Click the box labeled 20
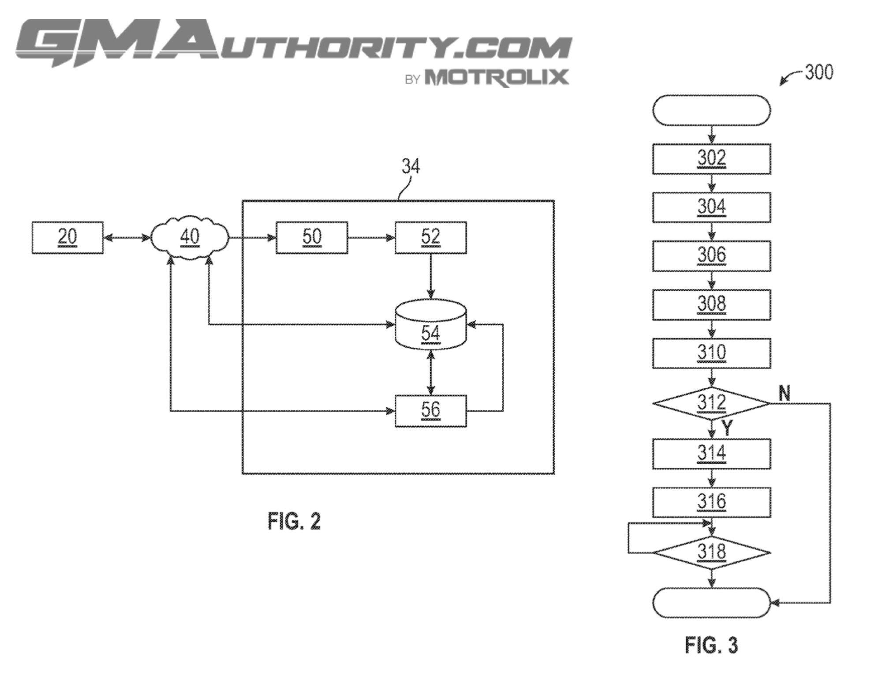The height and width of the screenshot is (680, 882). pos(67,237)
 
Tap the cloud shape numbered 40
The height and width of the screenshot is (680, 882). pos(190,237)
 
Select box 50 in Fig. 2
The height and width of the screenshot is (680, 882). pos(312,237)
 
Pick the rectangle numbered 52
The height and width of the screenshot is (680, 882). pos(430,237)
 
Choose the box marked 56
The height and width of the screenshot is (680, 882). pos(430,411)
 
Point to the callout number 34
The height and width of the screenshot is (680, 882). pos(411,166)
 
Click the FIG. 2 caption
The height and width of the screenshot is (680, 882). pos(294,521)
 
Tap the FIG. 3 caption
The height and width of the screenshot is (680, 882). pos(711,645)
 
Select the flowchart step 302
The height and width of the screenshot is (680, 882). pos(712,159)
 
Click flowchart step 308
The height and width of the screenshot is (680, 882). pos(712,304)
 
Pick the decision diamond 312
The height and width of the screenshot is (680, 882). pos(712,403)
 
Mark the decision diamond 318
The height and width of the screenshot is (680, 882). pos(712,552)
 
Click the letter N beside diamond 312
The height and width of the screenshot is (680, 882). pos(785,393)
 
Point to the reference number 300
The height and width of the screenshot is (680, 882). pos(819,72)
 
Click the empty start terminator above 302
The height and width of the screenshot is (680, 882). pos(712,110)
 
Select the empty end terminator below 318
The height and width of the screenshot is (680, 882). pos(712,603)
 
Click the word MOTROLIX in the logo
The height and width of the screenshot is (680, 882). pos(496,78)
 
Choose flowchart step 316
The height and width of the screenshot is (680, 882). pos(712,502)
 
